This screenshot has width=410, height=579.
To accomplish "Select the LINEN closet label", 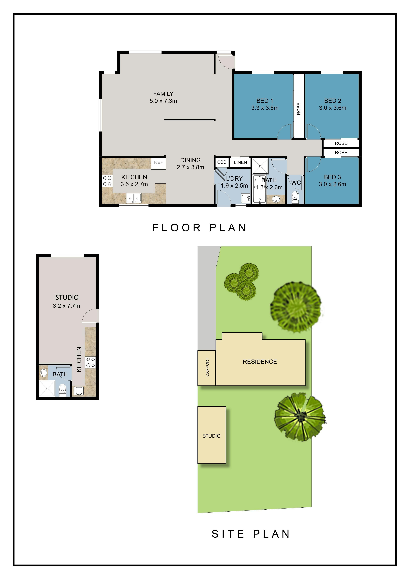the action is (x=240, y=162).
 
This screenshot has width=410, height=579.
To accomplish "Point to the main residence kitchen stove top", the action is (x=107, y=181).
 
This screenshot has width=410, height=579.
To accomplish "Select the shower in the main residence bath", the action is (x=260, y=166).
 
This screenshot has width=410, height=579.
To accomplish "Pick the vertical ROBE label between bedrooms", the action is (x=299, y=109).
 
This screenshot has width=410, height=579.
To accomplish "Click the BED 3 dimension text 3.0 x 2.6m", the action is (x=332, y=184).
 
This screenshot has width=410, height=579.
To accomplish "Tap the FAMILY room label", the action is (x=163, y=94).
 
